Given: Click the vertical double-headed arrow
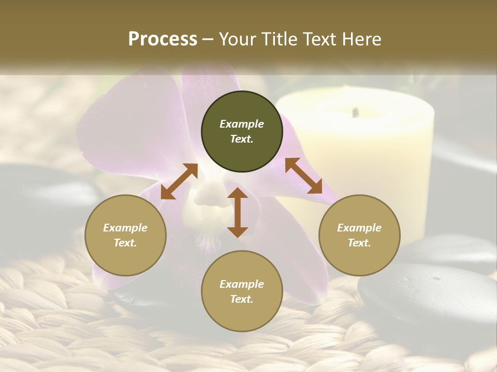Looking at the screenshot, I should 238,212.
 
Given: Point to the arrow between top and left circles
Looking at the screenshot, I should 179,181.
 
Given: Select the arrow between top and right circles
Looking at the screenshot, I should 303,176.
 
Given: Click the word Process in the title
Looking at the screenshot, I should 163,39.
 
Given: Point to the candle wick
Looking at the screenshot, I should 355,111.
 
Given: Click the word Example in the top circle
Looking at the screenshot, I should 242,124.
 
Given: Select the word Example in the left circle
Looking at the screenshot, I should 125,228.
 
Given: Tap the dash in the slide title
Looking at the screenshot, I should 208,40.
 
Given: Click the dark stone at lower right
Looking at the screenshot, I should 425,295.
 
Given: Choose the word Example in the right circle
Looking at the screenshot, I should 359,228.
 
